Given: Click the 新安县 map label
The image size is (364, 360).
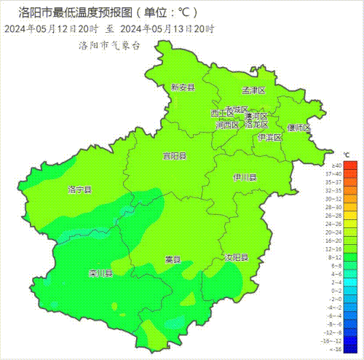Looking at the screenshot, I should (x=183, y=87).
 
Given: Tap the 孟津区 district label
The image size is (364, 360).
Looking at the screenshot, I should (x=253, y=90).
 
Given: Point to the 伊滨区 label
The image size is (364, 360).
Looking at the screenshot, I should (x=269, y=137).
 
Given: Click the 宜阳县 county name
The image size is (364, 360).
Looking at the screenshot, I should (x=174, y=156).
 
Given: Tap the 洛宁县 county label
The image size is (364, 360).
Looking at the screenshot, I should (x=79, y=189).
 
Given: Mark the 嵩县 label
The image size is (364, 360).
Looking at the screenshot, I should (x=173, y=259).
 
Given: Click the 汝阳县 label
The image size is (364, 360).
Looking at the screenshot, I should (x=236, y=258).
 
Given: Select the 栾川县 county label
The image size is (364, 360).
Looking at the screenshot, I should (x=100, y=274).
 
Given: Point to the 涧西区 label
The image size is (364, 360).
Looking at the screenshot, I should (x=227, y=125).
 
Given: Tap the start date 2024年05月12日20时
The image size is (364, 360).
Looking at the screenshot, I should (x=52, y=29).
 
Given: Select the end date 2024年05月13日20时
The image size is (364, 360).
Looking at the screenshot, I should (x=167, y=29).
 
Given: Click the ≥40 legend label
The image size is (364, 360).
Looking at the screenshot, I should (x=336, y=166).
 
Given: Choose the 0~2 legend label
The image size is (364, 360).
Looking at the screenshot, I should (x=336, y=290).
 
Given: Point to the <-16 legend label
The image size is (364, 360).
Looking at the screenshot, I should (x=336, y=348).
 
